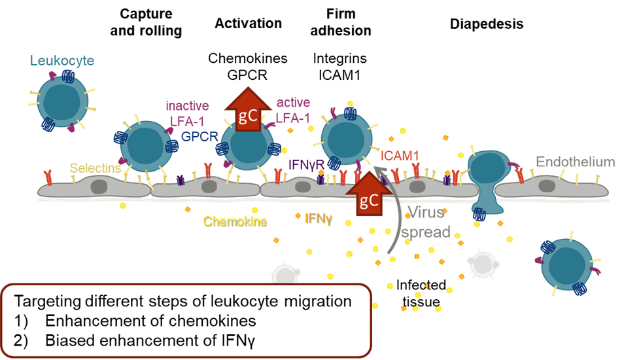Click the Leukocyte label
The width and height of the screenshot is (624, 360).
62,61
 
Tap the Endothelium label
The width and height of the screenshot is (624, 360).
575,162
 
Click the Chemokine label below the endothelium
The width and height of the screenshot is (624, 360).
235,221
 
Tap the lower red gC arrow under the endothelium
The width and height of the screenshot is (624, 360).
368,194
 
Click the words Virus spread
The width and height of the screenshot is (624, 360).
426,222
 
